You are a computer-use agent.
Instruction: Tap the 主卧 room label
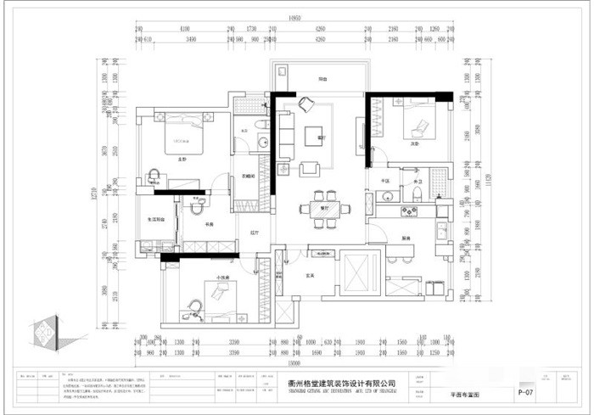182,159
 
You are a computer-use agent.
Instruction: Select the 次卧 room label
415,144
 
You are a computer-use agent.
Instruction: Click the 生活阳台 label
156,219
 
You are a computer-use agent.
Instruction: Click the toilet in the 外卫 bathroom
417,196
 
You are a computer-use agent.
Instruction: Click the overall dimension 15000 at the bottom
293,360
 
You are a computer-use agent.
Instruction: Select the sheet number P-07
525,394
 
